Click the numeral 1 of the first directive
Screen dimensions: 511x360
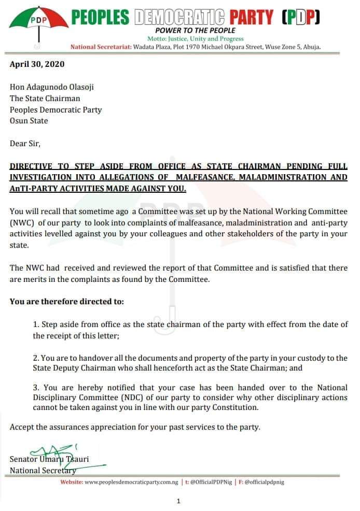(x=35, y=324)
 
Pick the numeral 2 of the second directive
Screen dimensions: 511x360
(x=35, y=359)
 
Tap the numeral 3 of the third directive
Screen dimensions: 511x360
(x=35, y=388)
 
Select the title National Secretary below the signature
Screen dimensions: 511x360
(x=43, y=471)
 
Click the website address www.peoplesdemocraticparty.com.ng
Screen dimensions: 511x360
(x=133, y=482)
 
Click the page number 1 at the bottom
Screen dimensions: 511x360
(x=178, y=501)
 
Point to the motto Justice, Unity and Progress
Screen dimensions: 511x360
(x=195, y=39)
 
